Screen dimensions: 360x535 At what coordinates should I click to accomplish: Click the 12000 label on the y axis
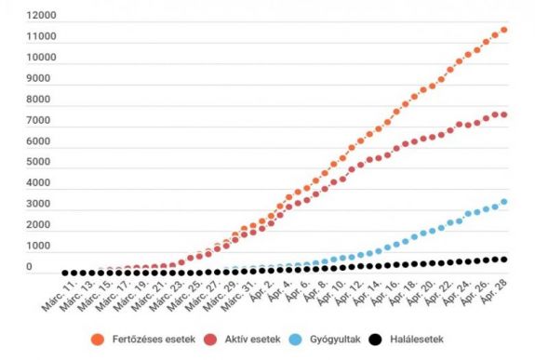pyautogui.click(x=43, y=17)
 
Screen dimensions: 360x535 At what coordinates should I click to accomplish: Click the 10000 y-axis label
pyautogui.click(x=43, y=58)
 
